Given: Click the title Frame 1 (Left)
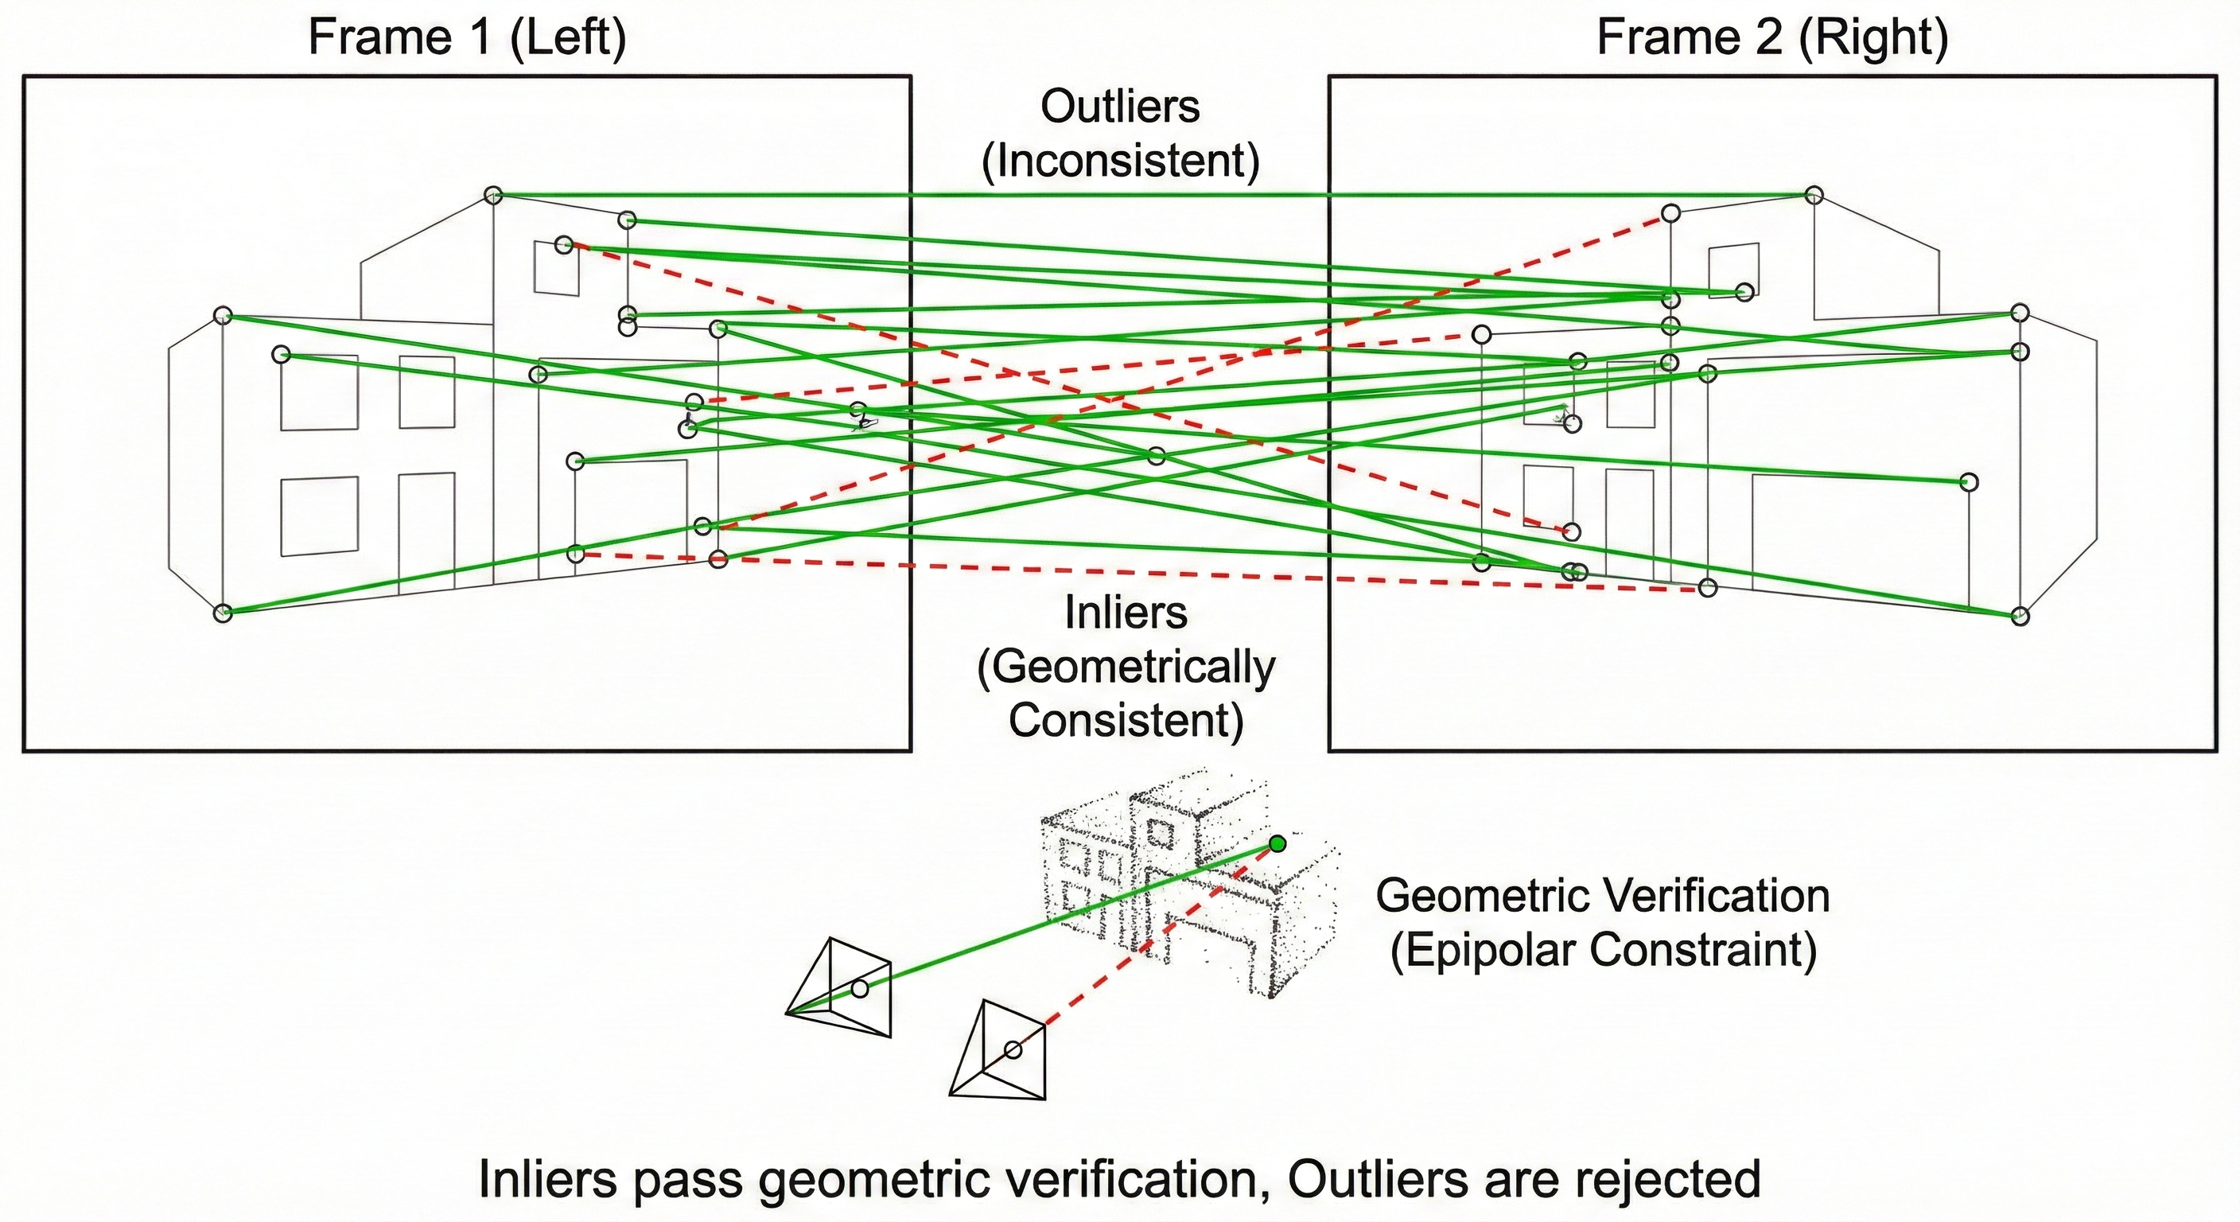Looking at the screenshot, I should pos(467,38).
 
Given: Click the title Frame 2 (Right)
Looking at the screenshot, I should pos(1772,38).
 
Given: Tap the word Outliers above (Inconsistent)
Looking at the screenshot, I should pos(1120,107).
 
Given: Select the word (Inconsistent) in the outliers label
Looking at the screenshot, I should pos(1120,161).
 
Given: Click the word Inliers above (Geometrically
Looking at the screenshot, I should pos(1126,613).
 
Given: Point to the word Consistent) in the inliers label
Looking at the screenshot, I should pos(1126,720).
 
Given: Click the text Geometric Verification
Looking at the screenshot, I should pos(1603,895).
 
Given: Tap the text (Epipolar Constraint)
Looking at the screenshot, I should pos(1603,949).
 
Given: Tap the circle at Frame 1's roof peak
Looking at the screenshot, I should pos(493,194).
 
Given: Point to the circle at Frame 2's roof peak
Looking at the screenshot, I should pos(1813,195).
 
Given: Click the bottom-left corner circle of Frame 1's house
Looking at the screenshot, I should pos(224,613).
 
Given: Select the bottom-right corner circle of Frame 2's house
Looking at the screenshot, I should pos(2020,617).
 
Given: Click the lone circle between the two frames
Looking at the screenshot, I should pos(1156,456).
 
